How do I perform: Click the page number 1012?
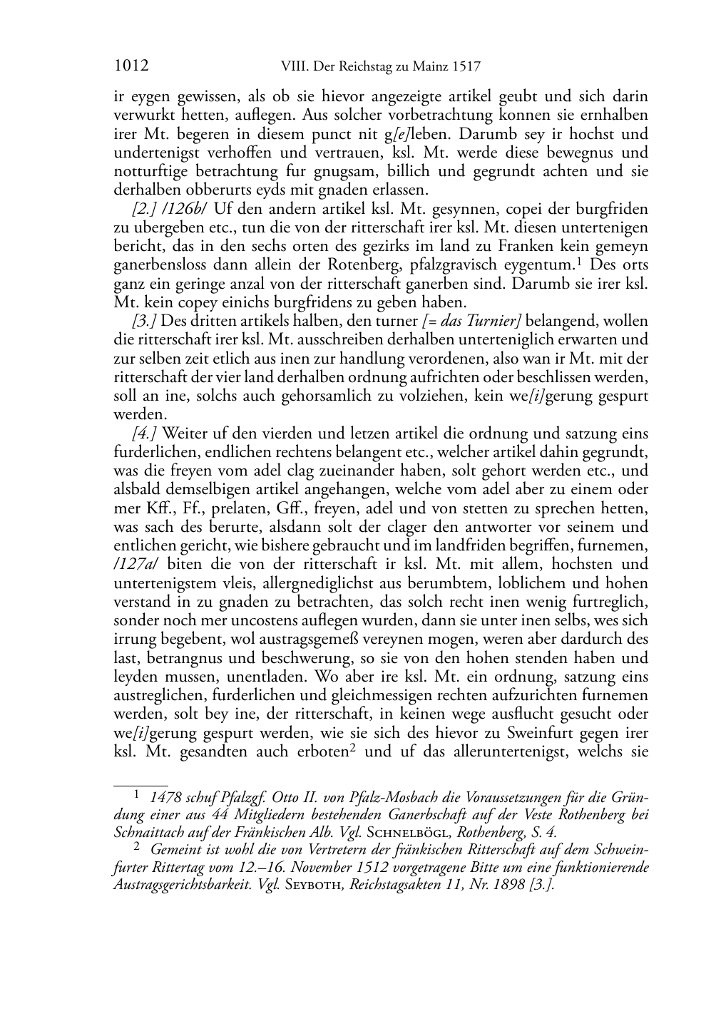click(131, 66)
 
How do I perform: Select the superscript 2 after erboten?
click(353, 748)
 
